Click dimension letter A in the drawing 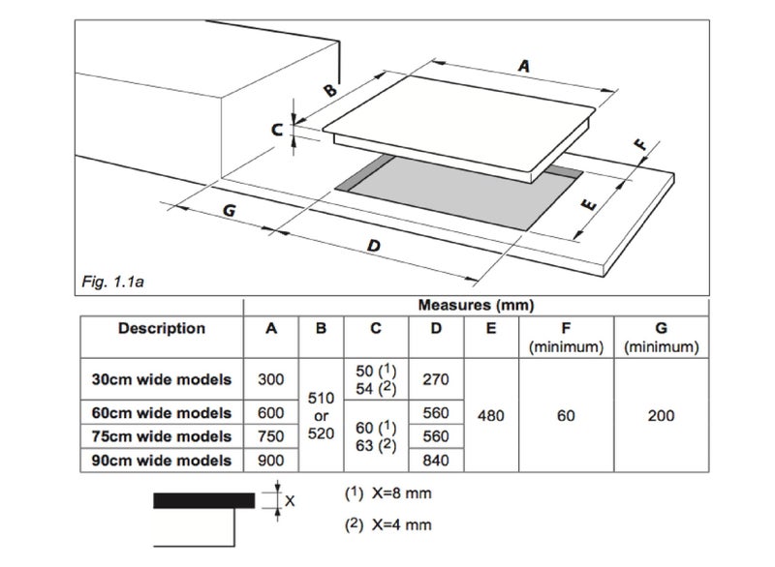[524, 65]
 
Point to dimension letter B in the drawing [330, 90]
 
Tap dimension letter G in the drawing [229, 211]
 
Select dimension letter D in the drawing [374, 245]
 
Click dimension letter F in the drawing [640, 144]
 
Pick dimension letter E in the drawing [589, 204]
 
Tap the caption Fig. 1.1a [112, 283]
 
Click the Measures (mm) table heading [476, 305]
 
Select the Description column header [162, 328]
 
